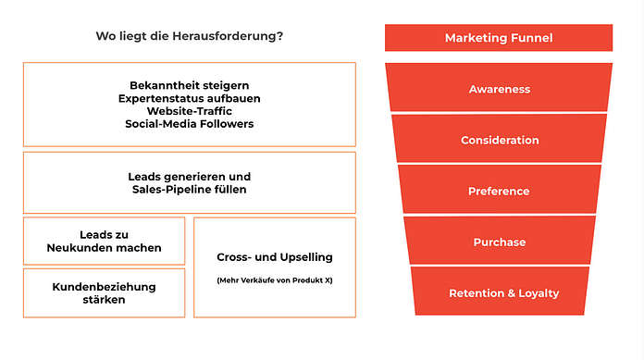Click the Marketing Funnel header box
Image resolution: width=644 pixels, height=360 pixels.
499,38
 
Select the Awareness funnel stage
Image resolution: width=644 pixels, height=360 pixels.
499,89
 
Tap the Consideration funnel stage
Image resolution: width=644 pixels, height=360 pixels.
500,140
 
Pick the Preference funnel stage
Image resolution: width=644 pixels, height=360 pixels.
500,191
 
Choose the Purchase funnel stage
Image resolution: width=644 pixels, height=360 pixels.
500,242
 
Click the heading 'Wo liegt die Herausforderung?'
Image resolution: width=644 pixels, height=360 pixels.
189,37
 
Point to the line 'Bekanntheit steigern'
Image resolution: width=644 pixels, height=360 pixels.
189,85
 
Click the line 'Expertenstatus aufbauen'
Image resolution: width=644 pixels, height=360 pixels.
189,98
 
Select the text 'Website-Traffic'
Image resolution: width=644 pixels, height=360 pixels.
189,111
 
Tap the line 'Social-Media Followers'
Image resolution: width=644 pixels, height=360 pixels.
189,124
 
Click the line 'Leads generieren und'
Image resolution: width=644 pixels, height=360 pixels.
189,176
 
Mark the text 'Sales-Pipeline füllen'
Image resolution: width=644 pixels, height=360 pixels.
189,190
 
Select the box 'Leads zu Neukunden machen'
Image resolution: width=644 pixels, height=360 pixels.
104,241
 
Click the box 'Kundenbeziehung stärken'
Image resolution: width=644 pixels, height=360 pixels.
104,292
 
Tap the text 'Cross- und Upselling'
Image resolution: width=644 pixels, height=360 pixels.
274,256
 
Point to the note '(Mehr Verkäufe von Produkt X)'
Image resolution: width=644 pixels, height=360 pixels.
274,280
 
